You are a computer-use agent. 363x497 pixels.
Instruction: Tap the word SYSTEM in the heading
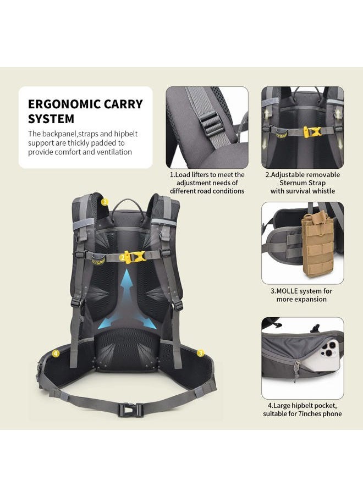pyautogui.click(x=51, y=119)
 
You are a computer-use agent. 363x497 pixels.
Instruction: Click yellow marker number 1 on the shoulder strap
pyautogui.click(x=105, y=202)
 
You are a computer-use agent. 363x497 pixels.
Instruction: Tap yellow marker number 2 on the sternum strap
pyautogui.click(x=123, y=257)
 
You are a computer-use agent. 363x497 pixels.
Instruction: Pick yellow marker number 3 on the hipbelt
pyautogui.click(x=200, y=353)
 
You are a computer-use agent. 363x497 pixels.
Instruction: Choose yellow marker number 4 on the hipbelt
pyautogui.click(x=56, y=354)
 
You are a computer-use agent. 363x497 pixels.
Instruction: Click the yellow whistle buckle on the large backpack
pyautogui.click(x=134, y=256)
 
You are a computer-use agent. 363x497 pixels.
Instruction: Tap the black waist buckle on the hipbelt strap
pyautogui.click(x=130, y=410)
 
